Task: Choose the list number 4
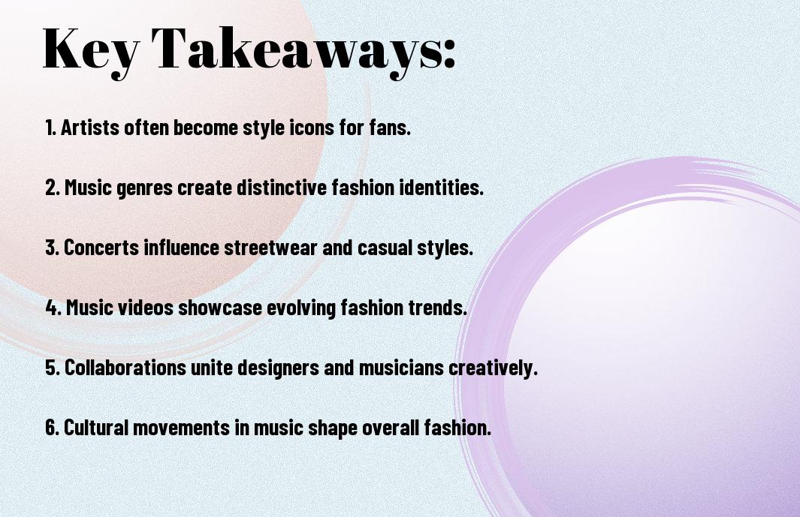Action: pos(52,308)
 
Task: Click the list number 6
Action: pos(52,428)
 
